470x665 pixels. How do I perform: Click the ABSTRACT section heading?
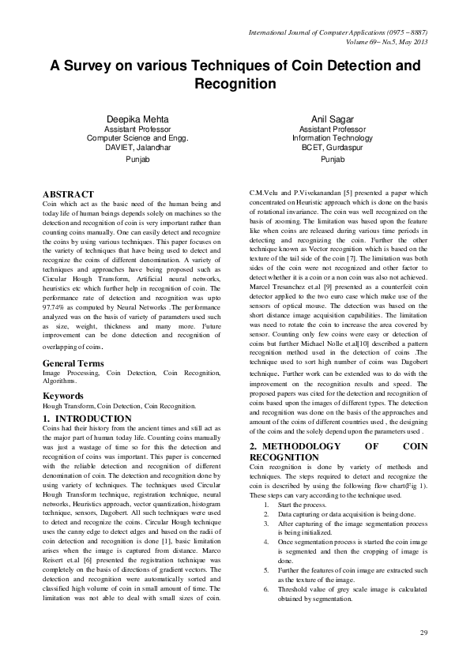pyautogui.click(x=68, y=194)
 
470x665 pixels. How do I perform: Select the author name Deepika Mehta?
pyautogui.click(x=138, y=118)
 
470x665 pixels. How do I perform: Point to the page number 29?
pyautogui.click(x=423, y=633)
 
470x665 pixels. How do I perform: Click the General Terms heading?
pyautogui.click(x=73, y=363)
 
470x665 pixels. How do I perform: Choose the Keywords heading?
pyautogui.click(x=63, y=395)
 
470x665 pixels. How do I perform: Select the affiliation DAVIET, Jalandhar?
pyautogui.click(x=138, y=146)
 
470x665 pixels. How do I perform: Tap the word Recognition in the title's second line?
pyautogui.click(x=235, y=84)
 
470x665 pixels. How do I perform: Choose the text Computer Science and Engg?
pyautogui.click(x=138, y=137)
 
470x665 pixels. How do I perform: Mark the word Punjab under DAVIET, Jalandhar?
pyautogui.click(x=138, y=159)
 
